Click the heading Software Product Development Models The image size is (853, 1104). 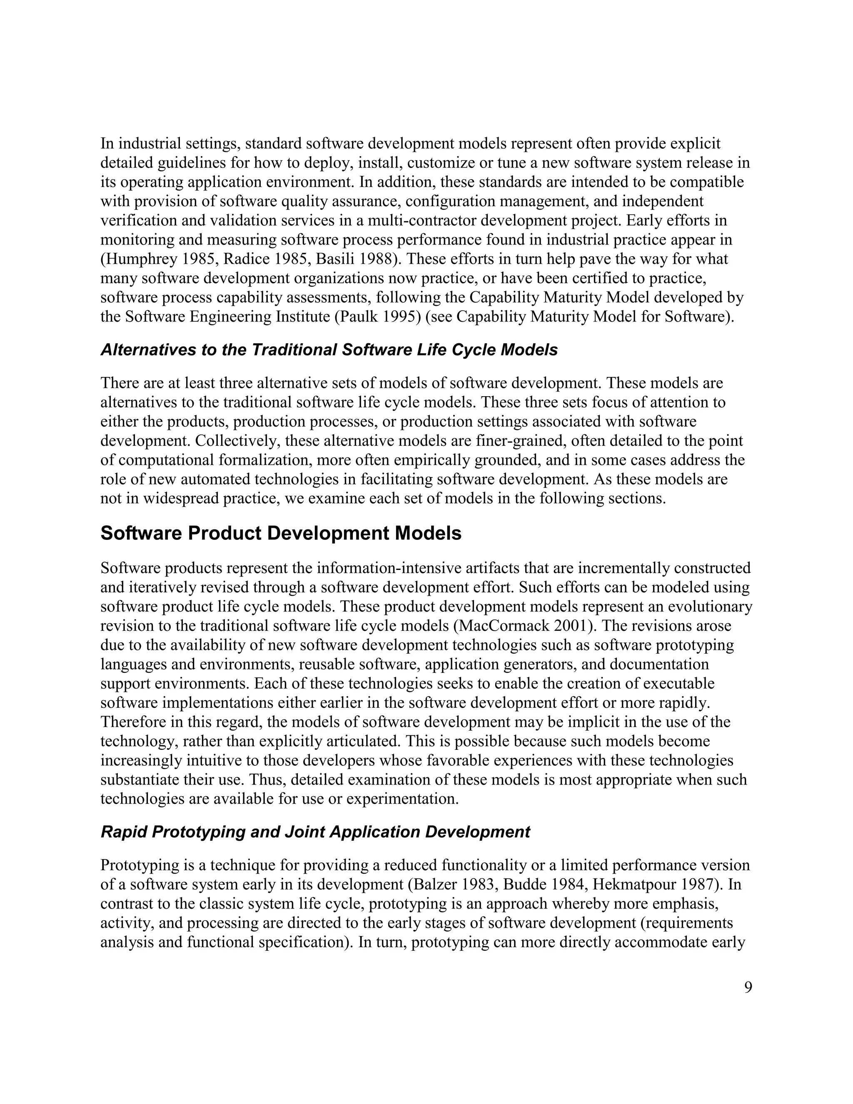coord(281,534)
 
